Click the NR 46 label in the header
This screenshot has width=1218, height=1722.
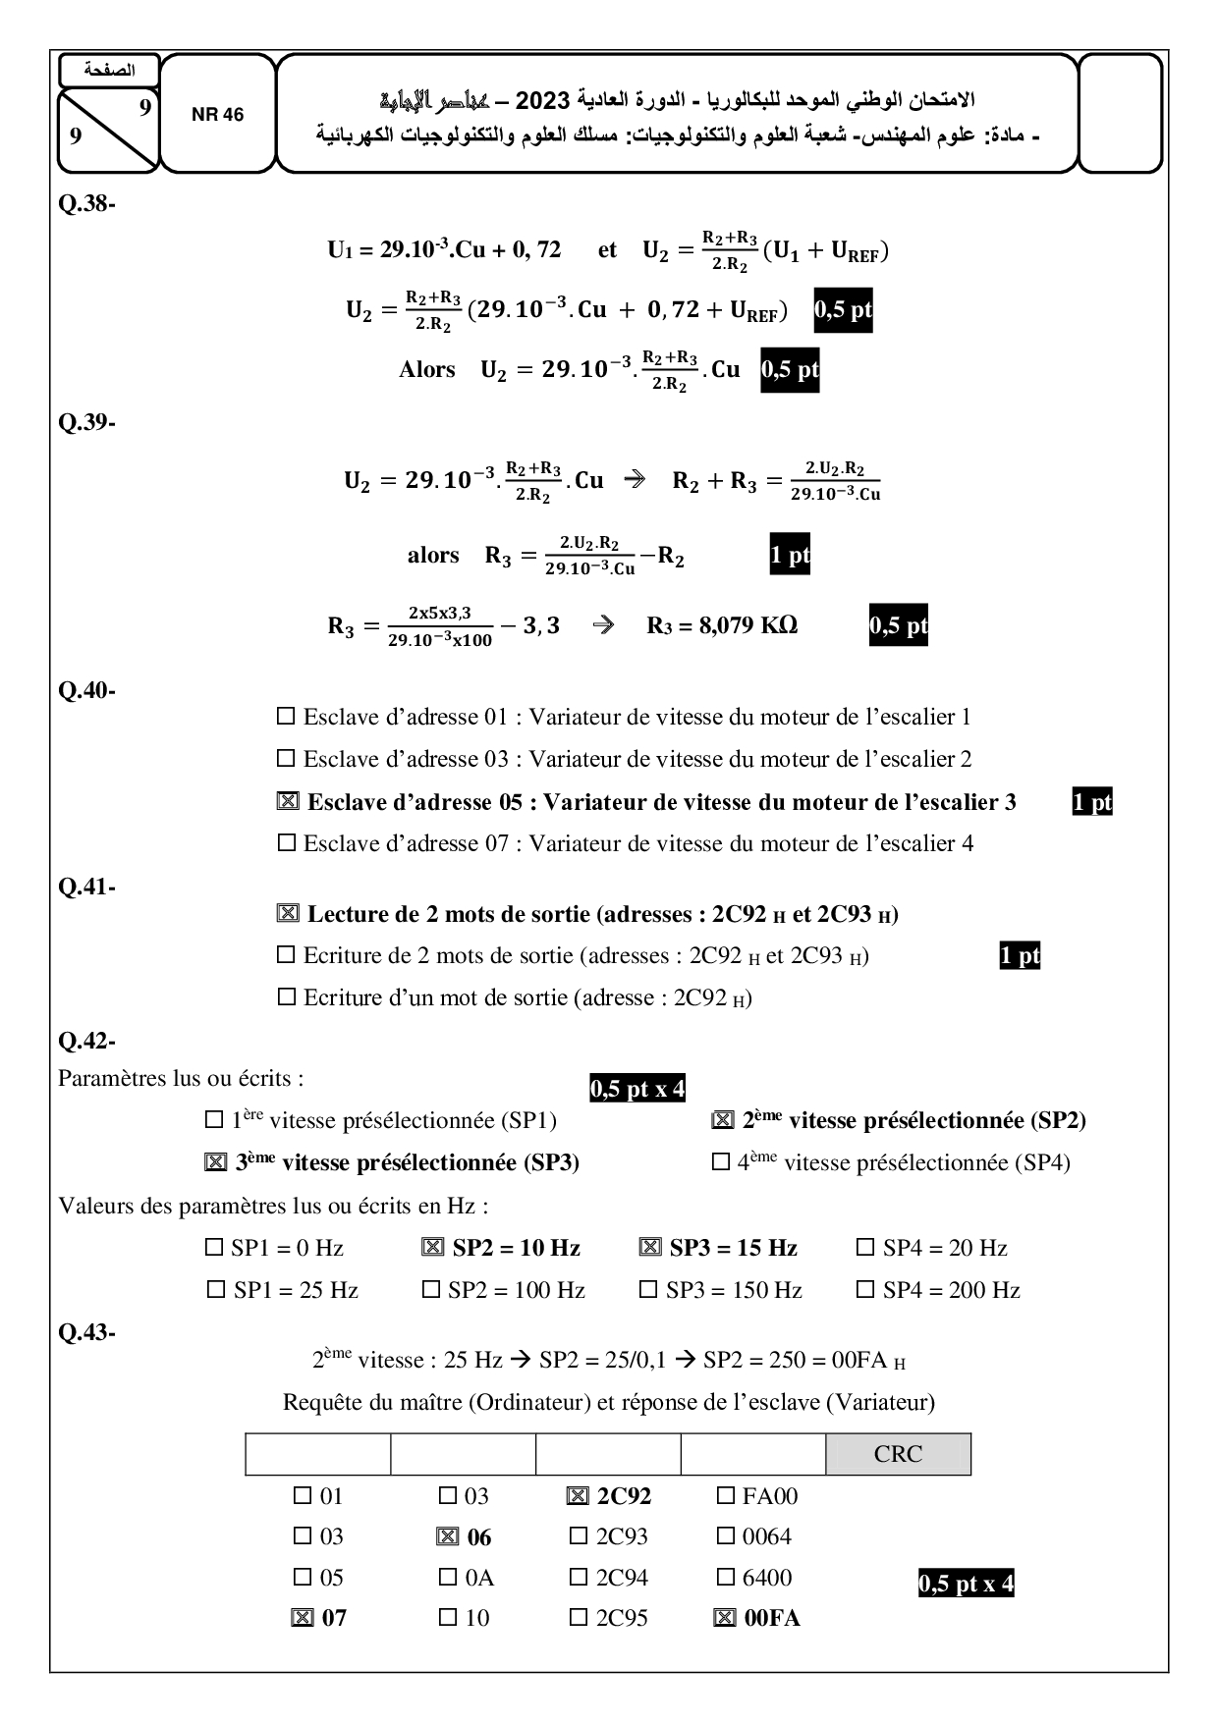pos(217,115)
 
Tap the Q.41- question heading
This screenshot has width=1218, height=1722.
pos(87,887)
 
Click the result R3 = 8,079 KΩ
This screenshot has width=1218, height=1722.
pos(722,625)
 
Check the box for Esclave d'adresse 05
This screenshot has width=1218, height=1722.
pos(288,802)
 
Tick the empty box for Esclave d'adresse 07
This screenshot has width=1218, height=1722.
pos(287,843)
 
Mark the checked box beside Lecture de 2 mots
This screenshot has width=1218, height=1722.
pos(288,914)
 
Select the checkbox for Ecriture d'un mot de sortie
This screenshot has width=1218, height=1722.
pos(287,997)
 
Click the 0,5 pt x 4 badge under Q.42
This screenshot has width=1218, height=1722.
pos(637,1089)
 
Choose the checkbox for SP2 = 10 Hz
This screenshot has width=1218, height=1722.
pos(432,1248)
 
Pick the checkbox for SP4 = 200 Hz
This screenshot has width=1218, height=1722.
pos(865,1290)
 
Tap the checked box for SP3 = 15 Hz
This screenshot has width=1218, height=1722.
pos(649,1248)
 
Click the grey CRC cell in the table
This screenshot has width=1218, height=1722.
pos(898,1454)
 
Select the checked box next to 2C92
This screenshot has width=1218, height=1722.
pos(579,1496)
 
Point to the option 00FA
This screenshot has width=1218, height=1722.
pos(772,1618)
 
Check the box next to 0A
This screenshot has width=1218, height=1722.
pos(448,1578)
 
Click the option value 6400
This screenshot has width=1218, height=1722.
pos(767,1578)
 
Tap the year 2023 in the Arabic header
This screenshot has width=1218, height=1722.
pos(543,100)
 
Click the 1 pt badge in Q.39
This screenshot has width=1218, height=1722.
pos(790,556)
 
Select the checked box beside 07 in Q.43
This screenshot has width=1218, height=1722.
pos(303,1618)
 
